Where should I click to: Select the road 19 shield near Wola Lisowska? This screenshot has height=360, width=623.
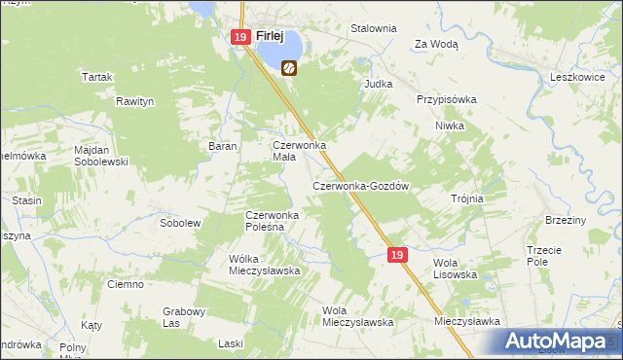[x=395, y=254]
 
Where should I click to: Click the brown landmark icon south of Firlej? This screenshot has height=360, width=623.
[x=289, y=68]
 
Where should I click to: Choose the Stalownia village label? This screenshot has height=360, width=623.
[x=374, y=28]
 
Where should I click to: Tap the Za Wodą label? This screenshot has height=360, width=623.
[x=436, y=44]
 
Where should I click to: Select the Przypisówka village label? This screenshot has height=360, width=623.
[x=446, y=99]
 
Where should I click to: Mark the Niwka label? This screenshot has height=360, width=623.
[x=450, y=126]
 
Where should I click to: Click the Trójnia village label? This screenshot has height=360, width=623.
[x=467, y=198]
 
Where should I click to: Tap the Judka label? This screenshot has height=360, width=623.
[x=378, y=84]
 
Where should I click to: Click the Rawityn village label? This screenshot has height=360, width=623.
[x=136, y=100]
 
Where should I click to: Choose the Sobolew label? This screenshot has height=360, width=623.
[x=179, y=223]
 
